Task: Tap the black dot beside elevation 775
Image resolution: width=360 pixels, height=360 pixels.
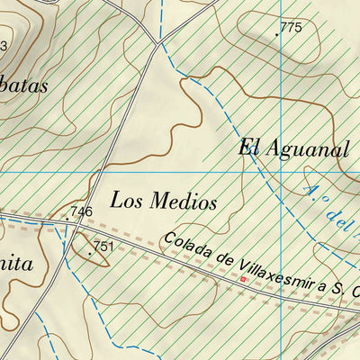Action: coord(276,34)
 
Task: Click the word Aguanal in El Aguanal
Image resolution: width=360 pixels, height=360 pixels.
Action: coord(305,149)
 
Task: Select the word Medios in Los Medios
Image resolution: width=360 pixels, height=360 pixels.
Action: coord(184,202)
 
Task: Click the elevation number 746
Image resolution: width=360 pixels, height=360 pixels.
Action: coord(82,211)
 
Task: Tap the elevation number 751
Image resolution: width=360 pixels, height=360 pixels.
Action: coord(103,246)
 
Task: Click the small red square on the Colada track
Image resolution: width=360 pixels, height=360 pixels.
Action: coord(241,279)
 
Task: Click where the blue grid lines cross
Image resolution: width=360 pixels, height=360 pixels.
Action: coord(282,172)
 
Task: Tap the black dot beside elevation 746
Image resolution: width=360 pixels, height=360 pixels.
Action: coord(67,219)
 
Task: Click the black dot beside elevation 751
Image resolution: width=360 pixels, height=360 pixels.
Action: coord(89,253)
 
